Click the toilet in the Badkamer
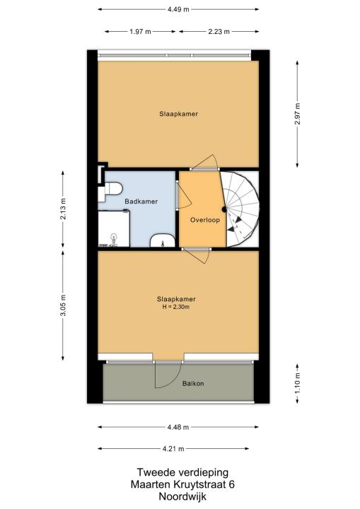pyautogui.click(x=110, y=191)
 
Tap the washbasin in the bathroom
pyautogui.click(x=163, y=240)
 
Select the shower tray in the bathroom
pyautogui.click(x=114, y=228)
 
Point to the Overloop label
pyautogui.click(x=205, y=220)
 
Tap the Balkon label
pyautogui.click(x=193, y=384)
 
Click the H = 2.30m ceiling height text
pyautogui.click(x=176, y=307)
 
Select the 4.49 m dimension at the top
pyautogui.click(x=178, y=9)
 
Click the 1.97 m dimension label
pyautogui.click(x=140, y=32)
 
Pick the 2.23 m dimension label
pyautogui.click(x=219, y=32)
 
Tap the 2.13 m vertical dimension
pyautogui.click(x=63, y=209)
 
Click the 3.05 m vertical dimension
pyautogui.click(x=63, y=305)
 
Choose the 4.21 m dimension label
pyautogui.click(x=173, y=449)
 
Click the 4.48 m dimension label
pyautogui.click(x=178, y=428)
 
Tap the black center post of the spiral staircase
pyautogui.click(x=224, y=209)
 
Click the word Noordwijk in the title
pyautogui.click(x=182, y=497)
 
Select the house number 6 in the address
pyautogui.click(x=231, y=485)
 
